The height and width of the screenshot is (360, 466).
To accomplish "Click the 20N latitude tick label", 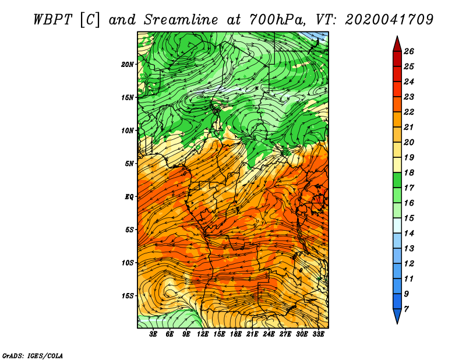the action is pyautogui.click(x=127, y=65).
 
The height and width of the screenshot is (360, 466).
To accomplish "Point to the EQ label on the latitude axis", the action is pyautogui.click(x=129, y=197).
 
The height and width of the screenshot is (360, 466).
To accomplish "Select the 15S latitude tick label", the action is pyautogui.click(x=127, y=296).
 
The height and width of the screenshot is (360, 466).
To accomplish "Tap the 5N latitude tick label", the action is pyautogui.click(x=129, y=164).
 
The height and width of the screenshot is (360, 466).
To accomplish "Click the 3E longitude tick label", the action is pyautogui.click(x=153, y=334).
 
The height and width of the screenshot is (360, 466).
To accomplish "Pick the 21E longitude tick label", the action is pyautogui.click(x=252, y=334).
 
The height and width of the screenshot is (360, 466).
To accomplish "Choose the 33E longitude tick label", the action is pyautogui.click(x=318, y=334).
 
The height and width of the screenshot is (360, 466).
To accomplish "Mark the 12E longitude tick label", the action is pyautogui.click(x=203, y=334).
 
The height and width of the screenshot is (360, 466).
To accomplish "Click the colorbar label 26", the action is pyautogui.click(x=409, y=51).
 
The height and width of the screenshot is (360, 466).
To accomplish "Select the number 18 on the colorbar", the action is pyautogui.click(x=409, y=172).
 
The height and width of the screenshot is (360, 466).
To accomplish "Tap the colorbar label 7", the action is pyautogui.click(x=406, y=309).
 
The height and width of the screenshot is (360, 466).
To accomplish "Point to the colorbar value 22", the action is pyautogui.click(x=409, y=112).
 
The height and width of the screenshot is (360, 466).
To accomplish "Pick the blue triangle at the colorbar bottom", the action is pyautogui.click(x=397, y=315).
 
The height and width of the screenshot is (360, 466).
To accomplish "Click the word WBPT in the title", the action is pyautogui.click(x=52, y=20).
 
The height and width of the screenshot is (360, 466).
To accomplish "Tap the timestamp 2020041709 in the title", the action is pyautogui.click(x=389, y=20).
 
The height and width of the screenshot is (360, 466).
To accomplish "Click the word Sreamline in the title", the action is pyautogui.click(x=181, y=20).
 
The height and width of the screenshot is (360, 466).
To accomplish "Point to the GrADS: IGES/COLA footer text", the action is pyautogui.click(x=33, y=355).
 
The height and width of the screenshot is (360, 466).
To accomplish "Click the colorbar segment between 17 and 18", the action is pyautogui.click(x=397, y=180).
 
